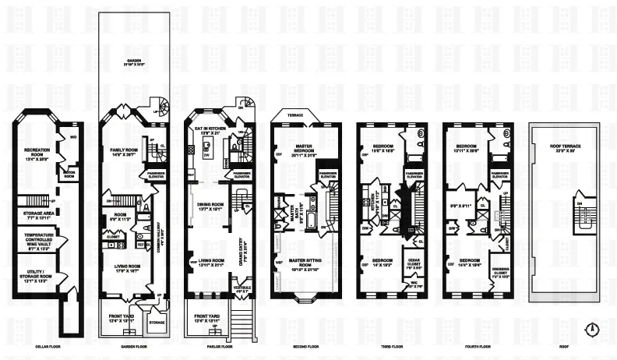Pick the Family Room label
pos(125,151)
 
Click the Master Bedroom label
pos(296,150)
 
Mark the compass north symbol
pos(594,327)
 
